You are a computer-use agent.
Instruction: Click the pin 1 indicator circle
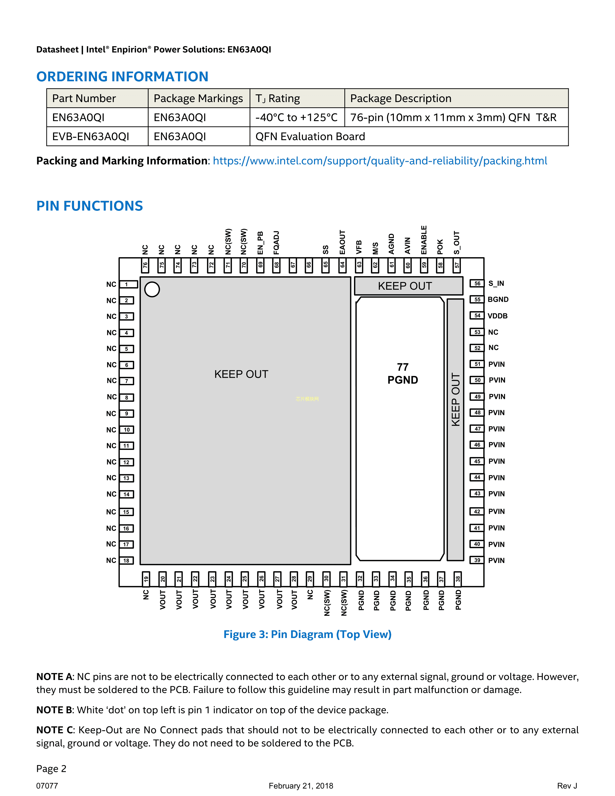[152, 289]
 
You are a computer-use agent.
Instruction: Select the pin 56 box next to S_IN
[477, 283]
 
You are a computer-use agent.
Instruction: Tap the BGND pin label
[498, 300]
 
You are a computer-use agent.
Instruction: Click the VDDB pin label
[497, 316]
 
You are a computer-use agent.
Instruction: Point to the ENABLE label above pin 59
[424, 240]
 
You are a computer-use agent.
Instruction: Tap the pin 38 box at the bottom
[458, 579]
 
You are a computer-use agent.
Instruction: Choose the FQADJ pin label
[276, 242]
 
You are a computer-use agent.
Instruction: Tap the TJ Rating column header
[278, 98]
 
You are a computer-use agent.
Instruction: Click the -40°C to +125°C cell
[297, 117]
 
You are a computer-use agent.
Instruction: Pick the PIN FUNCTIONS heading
[90, 206]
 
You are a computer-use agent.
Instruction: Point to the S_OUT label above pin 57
[457, 242]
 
